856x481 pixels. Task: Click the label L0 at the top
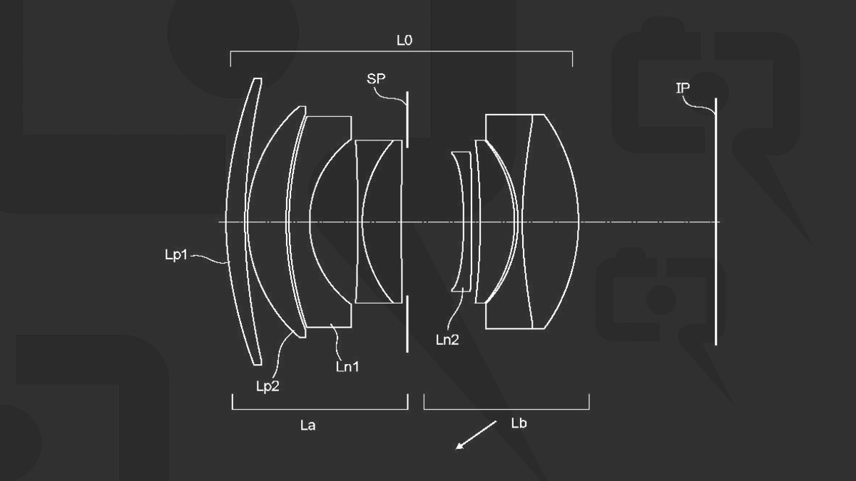coord(404,41)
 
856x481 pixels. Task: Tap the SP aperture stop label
coord(376,79)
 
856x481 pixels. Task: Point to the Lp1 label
coord(175,254)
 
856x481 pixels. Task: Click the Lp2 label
coord(267,385)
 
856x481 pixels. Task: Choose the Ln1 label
coord(347,367)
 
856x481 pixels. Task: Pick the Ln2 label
coord(447,340)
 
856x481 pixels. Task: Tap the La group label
coord(308,425)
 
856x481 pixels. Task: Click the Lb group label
coord(519,423)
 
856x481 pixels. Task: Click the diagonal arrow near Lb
coord(477,435)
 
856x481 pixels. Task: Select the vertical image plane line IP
coord(715,221)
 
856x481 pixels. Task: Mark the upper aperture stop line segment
coord(407,118)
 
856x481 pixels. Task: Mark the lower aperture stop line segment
coord(407,324)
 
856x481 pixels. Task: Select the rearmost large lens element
coord(549,221)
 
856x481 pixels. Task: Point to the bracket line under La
coord(320,409)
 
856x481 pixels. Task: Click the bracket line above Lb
coord(506,409)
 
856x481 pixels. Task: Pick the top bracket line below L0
coord(402,51)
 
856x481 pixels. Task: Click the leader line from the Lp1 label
coord(210,259)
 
